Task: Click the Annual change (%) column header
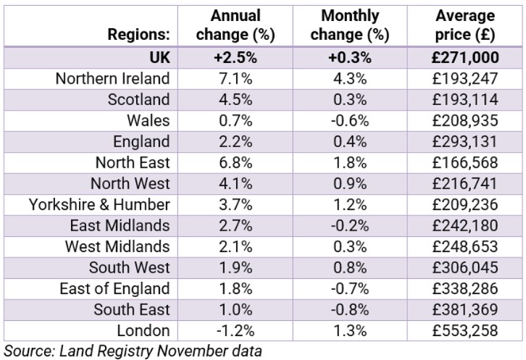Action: pyautogui.click(x=235, y=25)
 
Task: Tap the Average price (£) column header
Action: pyautogui.click(x=466, y=25)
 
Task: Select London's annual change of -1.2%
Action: pyautogui.click(x=235, y=330)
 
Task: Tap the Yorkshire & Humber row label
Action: pyautogui.click(x=99, y=204)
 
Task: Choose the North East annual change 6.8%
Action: pyautogui.click(x=235, y=162)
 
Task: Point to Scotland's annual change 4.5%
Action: pyautogui.click(x=235, y=99)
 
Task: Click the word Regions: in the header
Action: pyautogui.click(x=138, y=34)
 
